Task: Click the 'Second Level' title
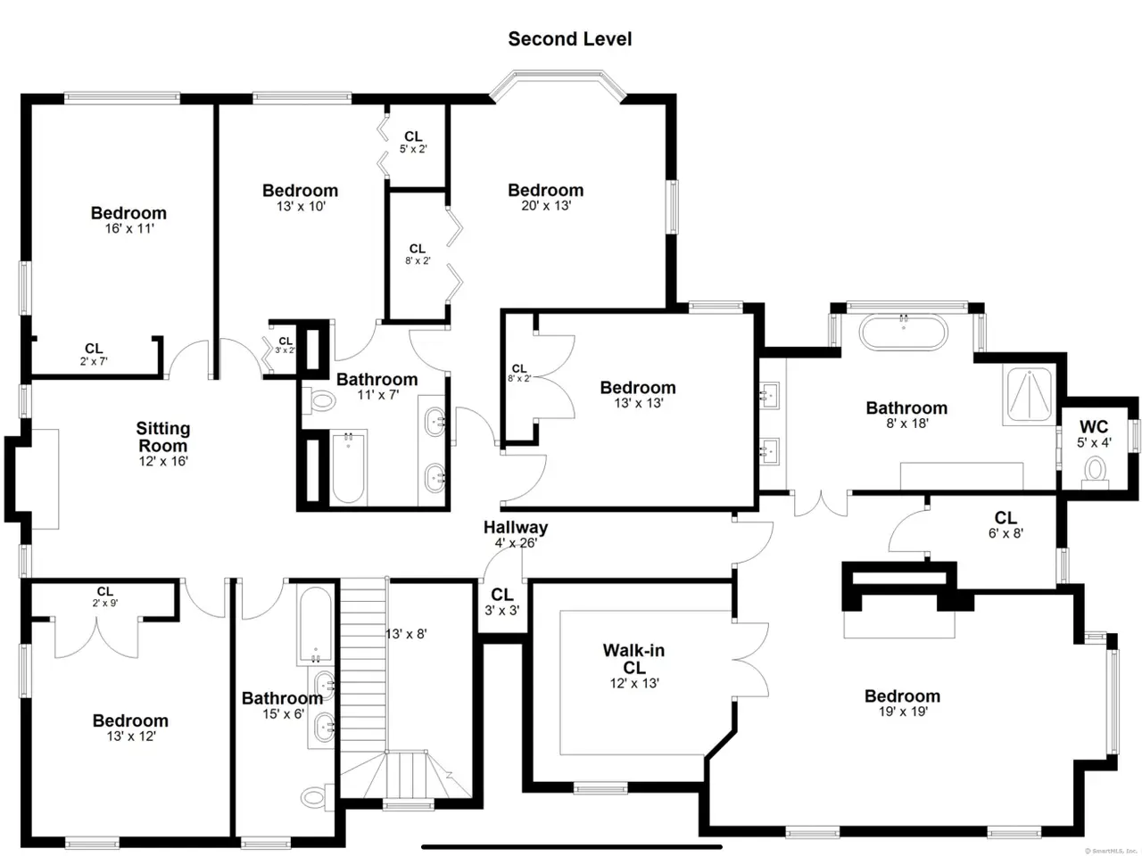point(570,39)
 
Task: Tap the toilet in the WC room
point(1096,473)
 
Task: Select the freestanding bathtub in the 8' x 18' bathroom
point(903,331)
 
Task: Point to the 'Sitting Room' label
point(163,437)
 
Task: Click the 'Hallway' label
point(515,527)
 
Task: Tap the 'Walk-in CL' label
point(633,659)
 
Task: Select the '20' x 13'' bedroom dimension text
point(546,206)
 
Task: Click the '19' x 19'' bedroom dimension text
point(903,712)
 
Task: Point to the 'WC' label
point(1094,427)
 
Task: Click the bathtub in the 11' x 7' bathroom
point(348,466)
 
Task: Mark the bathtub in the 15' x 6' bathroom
point(315,624)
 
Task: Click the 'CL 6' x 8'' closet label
point(1005,525)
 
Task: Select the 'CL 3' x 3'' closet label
point(502,602)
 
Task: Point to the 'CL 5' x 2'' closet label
point(413,143)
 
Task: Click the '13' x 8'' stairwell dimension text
point(406,634)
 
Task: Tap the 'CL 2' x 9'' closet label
point(105,597)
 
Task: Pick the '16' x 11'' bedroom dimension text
point(129,228)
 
